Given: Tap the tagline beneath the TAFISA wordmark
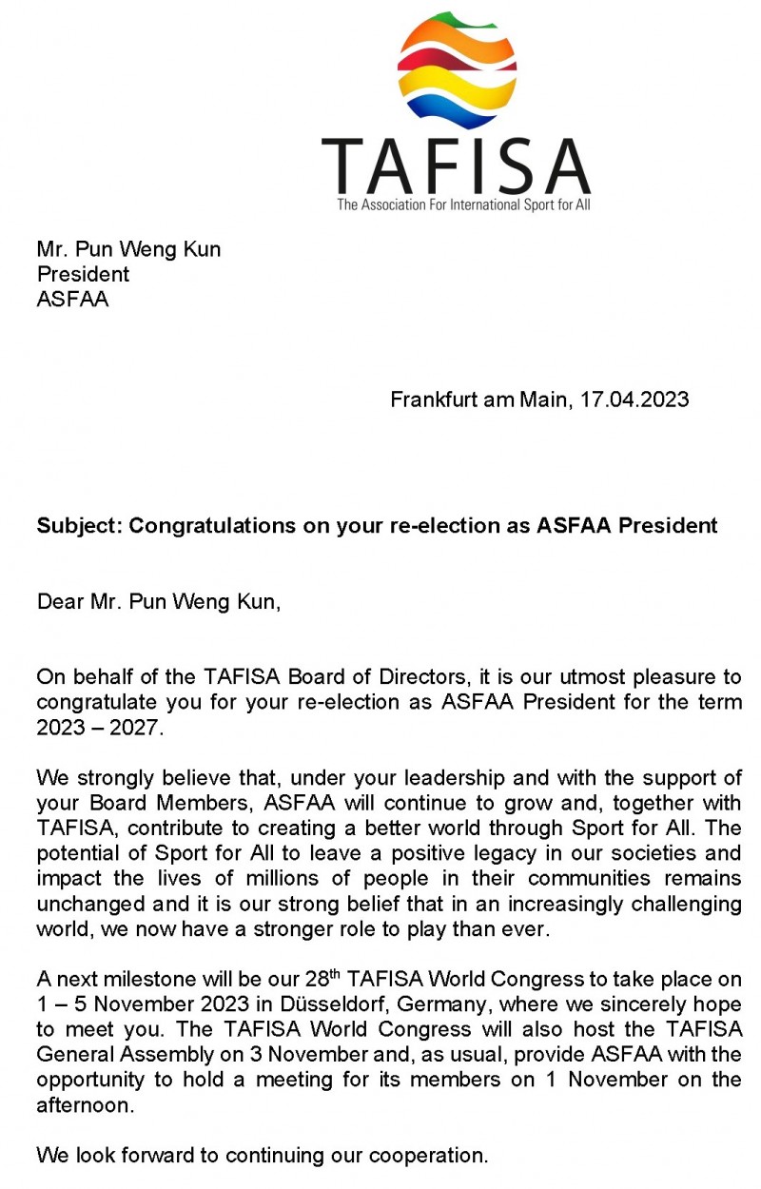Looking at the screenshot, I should (x=463, y=205).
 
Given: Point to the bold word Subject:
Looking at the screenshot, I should (x=79, y=525).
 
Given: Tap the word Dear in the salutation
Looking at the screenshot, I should (x=58, y=602).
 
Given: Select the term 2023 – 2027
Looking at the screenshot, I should (x=100, y=728).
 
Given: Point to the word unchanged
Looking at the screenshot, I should (x=91, y=903).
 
